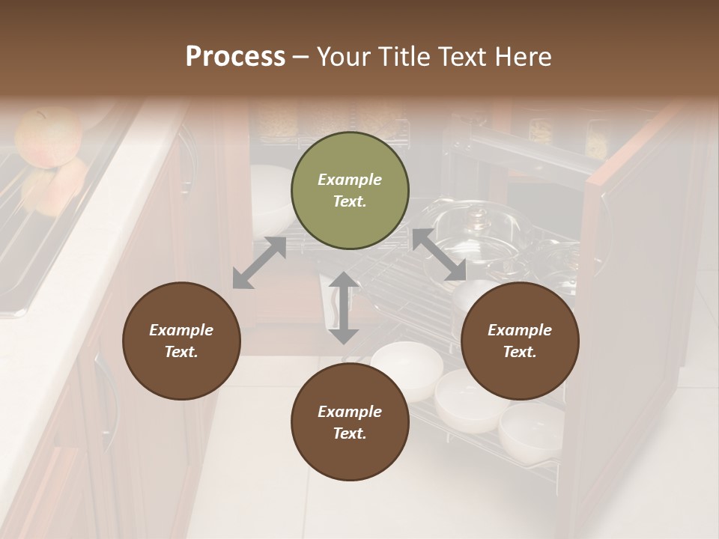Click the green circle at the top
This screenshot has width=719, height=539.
[350, 191]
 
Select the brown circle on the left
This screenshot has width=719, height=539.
[181, 341]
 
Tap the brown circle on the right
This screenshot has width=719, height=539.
[520, 341]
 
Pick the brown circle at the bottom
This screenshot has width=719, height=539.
[350, 422]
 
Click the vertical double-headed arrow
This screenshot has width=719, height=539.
[344, 308]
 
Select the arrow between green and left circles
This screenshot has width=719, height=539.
[259, 263]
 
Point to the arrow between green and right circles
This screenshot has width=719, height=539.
[440, 255]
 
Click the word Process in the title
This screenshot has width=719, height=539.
[235, 56]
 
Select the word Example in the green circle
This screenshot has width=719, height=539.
[350, 180]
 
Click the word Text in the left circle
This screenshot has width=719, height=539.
[181, 352]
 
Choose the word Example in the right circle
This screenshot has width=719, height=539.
[520, 330]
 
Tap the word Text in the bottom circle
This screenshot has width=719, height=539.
[350, 433]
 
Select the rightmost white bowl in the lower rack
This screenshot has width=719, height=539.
[531, 430]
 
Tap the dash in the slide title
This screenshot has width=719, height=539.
[301, 57]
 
